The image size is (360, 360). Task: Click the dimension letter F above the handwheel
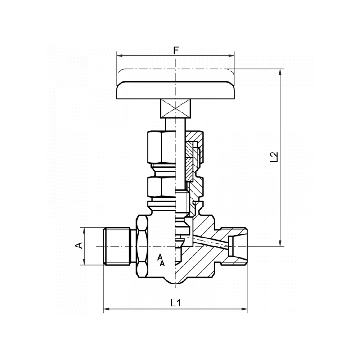176,50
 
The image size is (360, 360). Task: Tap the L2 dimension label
274,157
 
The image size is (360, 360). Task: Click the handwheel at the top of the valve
176,90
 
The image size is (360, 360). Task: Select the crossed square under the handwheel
176,109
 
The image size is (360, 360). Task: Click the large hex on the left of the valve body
140,246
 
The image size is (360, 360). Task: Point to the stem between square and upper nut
176,124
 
